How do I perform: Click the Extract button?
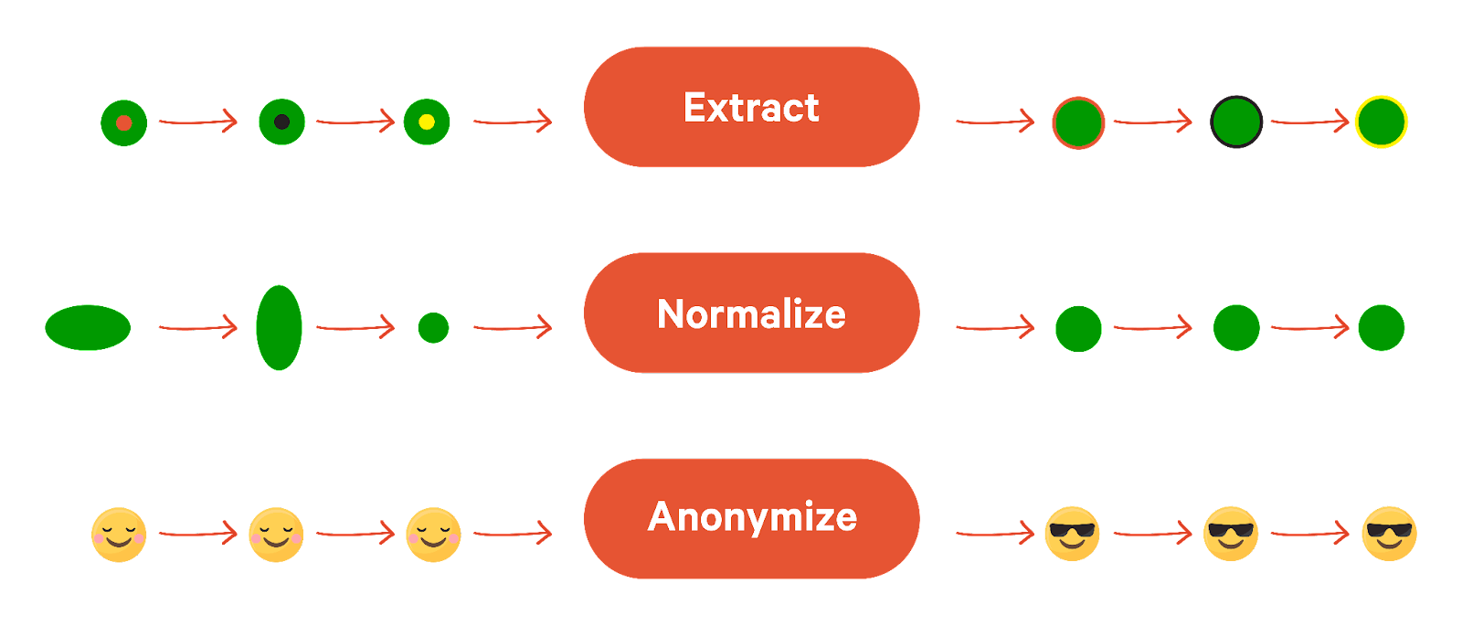(x=751, y=107)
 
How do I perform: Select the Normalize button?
(x=751, y=313)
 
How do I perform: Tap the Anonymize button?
(x=751, y=518)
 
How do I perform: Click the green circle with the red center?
(x=124, y=122)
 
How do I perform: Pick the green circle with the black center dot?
(x=281, y=122)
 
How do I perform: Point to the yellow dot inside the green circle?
(x=427, y=122)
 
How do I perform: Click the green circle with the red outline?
(x=1078, y=122)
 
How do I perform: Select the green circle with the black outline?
(x=1236, y=122)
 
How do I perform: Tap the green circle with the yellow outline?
(x=1381, y=122)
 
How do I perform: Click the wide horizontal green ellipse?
(x=88, y=327)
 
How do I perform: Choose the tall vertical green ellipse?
(x=279, y=327)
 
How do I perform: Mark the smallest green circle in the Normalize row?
(x=433, y=327)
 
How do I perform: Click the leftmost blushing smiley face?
(x=119, y=535)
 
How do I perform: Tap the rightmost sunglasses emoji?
(x=1389, y=533)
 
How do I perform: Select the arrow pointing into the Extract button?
(x=513, y=121)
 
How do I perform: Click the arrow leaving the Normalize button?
(x=994, y=326)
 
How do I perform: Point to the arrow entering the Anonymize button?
(x=513, y=532)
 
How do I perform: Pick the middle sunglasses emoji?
(x=1231, y=533)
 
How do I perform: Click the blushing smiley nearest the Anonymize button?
(x=433, y=535)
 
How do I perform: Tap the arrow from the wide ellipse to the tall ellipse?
(x=198, y=326)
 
